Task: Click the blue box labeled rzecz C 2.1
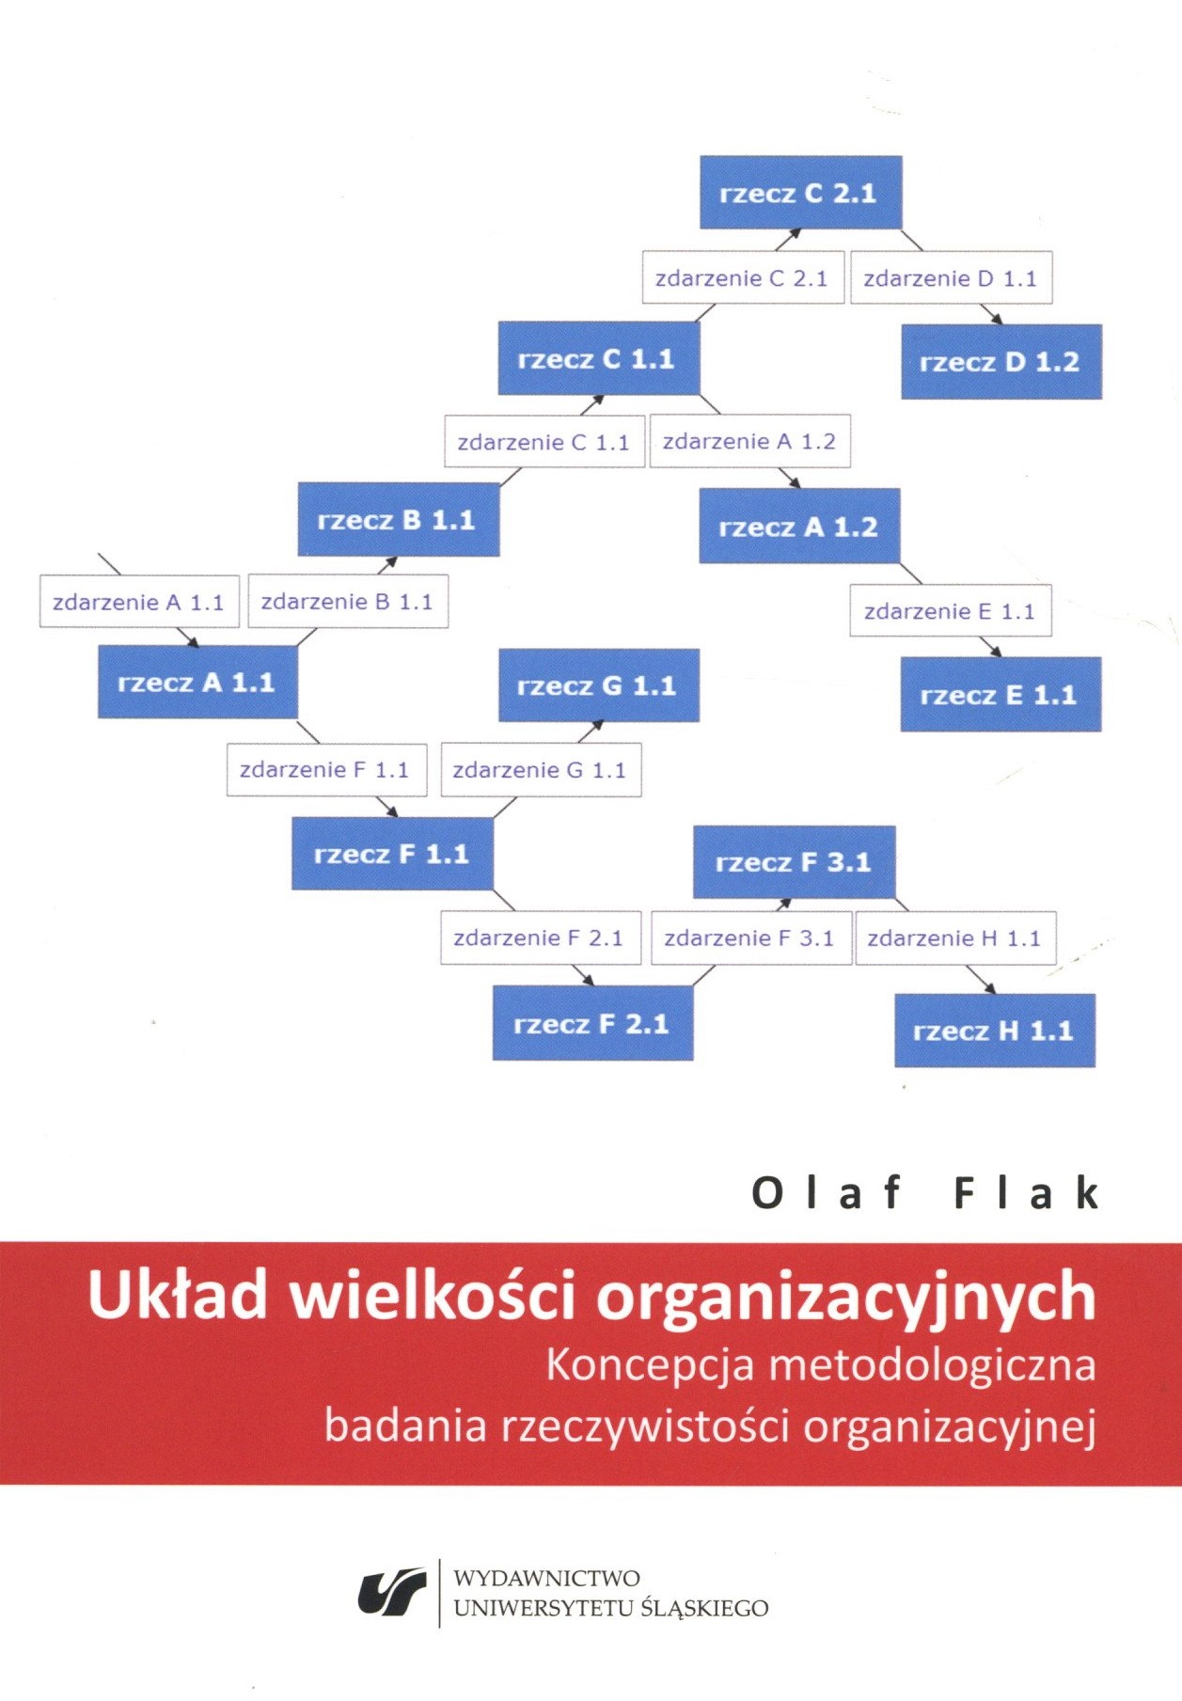click(x=801, y=193)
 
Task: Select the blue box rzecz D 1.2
click(x=1001, y=362)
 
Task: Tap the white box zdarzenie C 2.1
click(x=743, y=277)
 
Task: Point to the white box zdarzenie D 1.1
click(x=952, y=277)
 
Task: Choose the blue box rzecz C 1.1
click(x=599, y=358)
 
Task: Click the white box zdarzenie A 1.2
click(x=749, y=441)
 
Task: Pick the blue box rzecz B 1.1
click(x=399, y=519)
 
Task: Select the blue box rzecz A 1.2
click(x=799, y=527)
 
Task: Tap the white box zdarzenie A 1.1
click(x=139, y=602)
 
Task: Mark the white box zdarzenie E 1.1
click(x=951, y=611)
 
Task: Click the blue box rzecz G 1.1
click(x=599, y=685)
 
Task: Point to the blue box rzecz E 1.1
click(x=1001, y=695)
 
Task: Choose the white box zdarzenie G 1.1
click(x=541, y=770)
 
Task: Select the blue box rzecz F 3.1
click(x=795, y=862)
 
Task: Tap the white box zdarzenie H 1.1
click(x=955, y=938)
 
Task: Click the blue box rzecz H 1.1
click(x=995, y=1031)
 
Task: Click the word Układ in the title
click(x=177, y=1295)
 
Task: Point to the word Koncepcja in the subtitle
click(x=650, y=1366)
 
